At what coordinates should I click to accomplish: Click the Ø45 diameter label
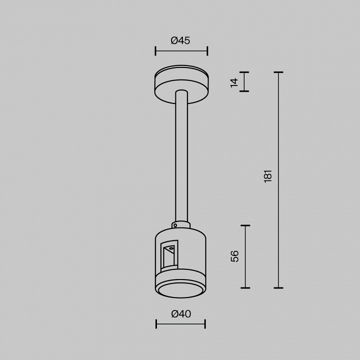pyautogui.click(x=180, y=41)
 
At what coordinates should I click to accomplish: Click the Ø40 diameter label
pyautogui.click(x=180, y=314)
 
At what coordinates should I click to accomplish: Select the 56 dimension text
pyautogui.click(x=234, y=256)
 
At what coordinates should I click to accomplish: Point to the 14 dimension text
pyautogui.click(x=234, y=82)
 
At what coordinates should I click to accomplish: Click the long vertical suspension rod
pyautogui.click(x=181, y=155)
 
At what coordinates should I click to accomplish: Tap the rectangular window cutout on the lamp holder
pyautogui.click(x=169, y=256)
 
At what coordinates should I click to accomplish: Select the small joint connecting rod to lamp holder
pyautogui.click(x=180, y=225)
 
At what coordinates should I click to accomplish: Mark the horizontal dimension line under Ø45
pyautogui.click(x=181, y=50)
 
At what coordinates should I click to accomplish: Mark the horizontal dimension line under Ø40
pyautogui.click(x=180, y=324)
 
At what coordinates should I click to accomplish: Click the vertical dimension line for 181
pyautogui.click(x=278, y=180)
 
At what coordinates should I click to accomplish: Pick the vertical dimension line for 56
pyautogui.click(x=245, y=256)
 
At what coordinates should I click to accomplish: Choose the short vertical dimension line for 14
pyautogui.click(x=244, y=82)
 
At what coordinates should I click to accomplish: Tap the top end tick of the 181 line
pyautogui.click(x=278, y=72)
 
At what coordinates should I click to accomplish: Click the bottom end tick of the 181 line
pyautogui.click(x=278, y=288)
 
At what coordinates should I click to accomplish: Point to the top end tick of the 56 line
pyautogui.click(x=245, y=225)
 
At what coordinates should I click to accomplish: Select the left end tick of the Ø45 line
pyautogui.click(x=155, y=50)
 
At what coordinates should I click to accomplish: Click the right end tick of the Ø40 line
pyautogui.click(x=205, y=324)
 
